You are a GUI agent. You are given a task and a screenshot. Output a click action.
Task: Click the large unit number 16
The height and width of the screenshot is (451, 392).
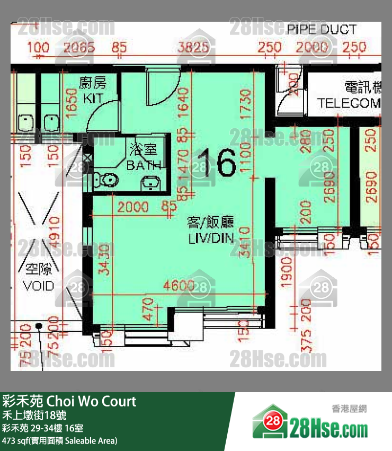point(216,163)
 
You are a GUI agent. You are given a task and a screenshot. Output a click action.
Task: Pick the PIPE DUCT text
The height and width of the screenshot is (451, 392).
point(322,30)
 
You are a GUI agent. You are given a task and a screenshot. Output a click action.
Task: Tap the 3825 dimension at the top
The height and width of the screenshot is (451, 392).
point(193,48)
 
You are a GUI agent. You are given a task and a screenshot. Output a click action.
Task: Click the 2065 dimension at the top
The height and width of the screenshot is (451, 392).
point(78,48)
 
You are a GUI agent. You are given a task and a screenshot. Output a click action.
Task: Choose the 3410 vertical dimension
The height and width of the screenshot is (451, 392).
point(245,243)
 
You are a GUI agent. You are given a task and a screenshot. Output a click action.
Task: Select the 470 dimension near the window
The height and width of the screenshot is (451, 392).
point(148,311)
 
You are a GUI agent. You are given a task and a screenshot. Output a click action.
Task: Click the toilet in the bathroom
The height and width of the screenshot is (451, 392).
point(108,181)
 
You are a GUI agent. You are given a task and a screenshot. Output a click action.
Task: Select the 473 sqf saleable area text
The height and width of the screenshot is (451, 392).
point(59,440)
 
